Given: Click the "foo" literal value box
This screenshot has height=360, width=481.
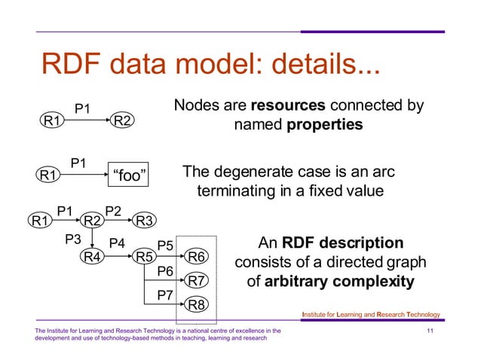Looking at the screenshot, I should (x=127, y=176).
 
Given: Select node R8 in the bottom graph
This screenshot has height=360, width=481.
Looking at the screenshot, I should (x=197, y=305).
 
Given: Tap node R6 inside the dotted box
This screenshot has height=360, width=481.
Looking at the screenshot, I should (x=197, y=258).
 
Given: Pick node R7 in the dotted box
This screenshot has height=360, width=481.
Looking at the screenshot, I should (x=197, y=281).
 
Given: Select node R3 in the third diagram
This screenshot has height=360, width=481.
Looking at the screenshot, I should (x=144, y=221).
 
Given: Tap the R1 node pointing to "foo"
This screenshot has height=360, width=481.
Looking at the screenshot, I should (x=51, y=176).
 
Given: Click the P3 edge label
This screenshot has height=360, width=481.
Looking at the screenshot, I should (x=72, y=240).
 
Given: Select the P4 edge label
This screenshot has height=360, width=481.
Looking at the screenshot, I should (x=117, y=243).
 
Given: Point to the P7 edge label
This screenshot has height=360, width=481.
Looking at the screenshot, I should (x=165, y=294).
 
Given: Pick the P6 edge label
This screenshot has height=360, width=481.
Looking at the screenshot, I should (x=165, y=270).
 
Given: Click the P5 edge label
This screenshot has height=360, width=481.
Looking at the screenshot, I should (x=165, y=246).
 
